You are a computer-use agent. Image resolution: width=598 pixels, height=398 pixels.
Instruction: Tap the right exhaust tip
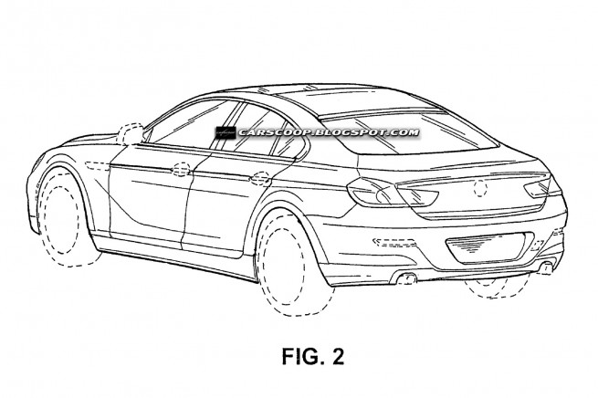[x=546, y=267]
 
